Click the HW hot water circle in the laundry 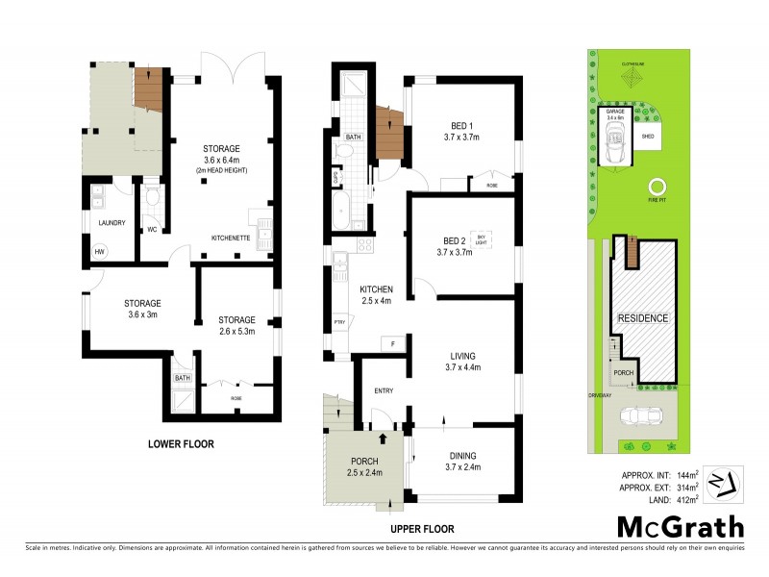point(99,252)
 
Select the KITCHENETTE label point(232,238)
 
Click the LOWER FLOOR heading point(180,444)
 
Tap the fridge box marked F point(392,343)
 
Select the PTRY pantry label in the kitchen point(338,322)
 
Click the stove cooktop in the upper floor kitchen point(365,245)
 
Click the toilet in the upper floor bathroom point(337,179)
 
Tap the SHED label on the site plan point(648,137)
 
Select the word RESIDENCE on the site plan point(642,318)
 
